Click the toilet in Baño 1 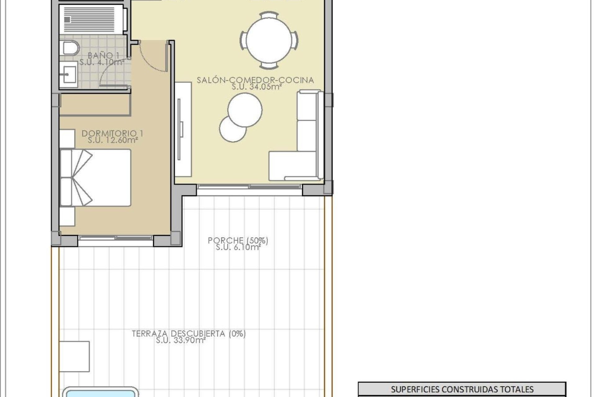coord(71,48)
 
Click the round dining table coord(269,40)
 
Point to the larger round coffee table coord(245,110)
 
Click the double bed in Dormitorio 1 coord(96,177)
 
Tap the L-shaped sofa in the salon coord(307,146)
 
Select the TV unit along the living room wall coord(183,129)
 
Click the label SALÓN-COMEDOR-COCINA coord(255,80)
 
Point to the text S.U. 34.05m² coord(256,87)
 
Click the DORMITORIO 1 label coord(112,133)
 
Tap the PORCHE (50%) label coord(238,240)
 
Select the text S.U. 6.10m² coord(238,247)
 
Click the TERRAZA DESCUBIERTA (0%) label coord(189,334)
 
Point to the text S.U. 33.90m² coord(181,341)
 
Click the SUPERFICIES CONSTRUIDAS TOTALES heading coord(462,389)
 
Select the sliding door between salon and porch coord(249,187)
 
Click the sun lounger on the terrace coord(74,356)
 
